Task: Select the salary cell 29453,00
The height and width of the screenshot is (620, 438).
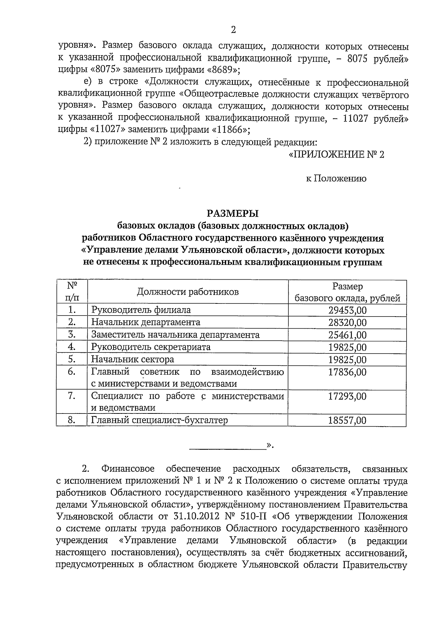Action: pyautogui.click(x=347, y=310)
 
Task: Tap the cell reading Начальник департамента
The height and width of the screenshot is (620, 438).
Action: pyautogui.click(x=146, y=322)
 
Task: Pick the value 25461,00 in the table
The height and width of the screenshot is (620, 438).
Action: pyautogui.click(x=347, y=335)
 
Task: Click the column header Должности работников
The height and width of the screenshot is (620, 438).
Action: pyautogui.click(x=188, y=292)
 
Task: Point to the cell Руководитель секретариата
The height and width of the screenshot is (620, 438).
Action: pyautogui.click(x=151, y=347)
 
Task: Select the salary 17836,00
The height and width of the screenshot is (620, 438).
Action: pyautogui.click(x=347, y=372)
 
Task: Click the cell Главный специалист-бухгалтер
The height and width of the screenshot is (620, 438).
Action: pyautogui.click(x=160, y=420)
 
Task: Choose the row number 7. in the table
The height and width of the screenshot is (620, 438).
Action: pyautogui.click(x=72, y=396)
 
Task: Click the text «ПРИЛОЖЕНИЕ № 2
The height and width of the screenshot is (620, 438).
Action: pyautogui.click(x=336, y=155)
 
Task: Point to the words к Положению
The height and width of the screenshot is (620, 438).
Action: pyautogui.click(x=336, y=179)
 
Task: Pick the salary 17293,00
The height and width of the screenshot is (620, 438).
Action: pyautogui.click(x=347, y=396)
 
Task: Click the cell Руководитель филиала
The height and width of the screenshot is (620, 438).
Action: pyautogui.click(x=141, y=310)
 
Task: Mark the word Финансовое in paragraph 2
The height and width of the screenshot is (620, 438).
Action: pyautogui.click(x=128, y=469)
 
